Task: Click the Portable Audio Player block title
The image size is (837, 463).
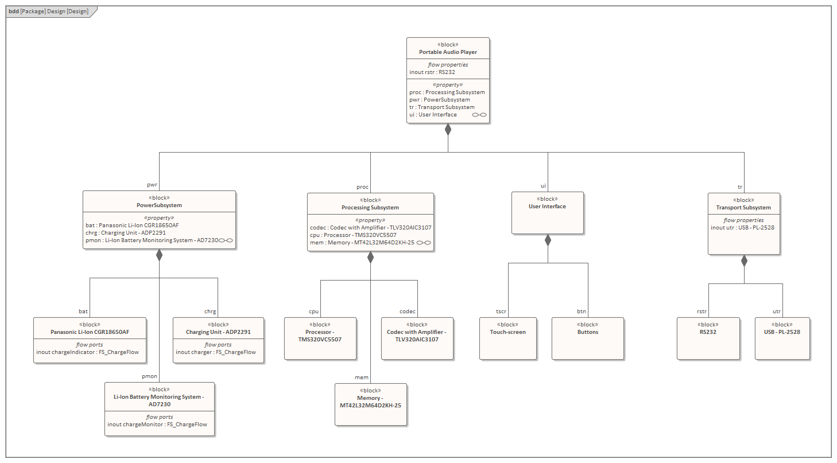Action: (448, 52)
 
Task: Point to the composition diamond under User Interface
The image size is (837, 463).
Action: (548, 240)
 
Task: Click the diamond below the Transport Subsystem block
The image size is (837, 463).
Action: (744, 261)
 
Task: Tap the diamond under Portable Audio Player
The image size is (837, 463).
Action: (448, 130)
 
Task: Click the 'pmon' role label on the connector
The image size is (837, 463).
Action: (149, 376)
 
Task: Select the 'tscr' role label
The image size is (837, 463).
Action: (501, 312)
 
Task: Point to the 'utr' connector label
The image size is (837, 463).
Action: (776, 312)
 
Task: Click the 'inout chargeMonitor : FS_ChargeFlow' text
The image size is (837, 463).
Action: (157, 425)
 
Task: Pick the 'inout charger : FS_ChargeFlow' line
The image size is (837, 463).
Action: (216, 352)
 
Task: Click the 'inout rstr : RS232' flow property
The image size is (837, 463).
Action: (432, 72)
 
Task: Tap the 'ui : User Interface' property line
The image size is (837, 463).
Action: (433, 115)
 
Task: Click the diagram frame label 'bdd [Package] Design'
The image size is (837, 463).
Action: (48, 11)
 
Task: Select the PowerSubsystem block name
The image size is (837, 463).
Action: (159, 205)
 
